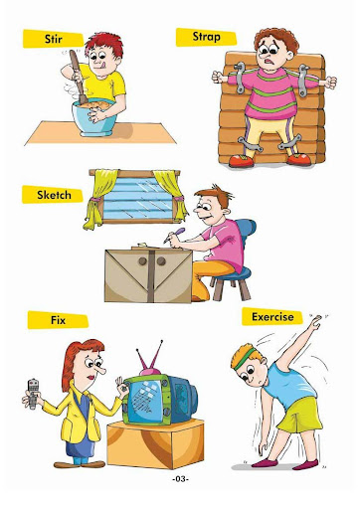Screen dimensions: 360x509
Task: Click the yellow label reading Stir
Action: click(x=53, y=39)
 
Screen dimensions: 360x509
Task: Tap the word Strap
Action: click(x=206, y=37)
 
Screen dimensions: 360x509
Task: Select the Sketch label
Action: click(x=53, y=195)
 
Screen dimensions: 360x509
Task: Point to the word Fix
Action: click(x=58, y=320)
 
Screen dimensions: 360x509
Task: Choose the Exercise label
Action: click(x=272, y=316)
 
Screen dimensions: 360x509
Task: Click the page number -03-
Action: click(x=180, y=479)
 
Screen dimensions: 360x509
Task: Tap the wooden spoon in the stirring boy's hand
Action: click(x=78, y=77)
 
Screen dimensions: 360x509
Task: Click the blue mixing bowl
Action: click(x=93, y=118)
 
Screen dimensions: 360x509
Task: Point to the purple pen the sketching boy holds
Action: click(x=174, y=235)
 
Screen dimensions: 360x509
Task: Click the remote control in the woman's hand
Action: click(x=33, y=394)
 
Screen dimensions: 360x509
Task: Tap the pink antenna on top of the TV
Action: click(x=150, y=359)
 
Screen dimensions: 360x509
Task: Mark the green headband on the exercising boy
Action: click(x=246, y=359)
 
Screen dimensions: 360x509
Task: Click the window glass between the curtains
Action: click(x=137, y=198)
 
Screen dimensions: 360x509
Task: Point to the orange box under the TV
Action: click(x=155, y=443)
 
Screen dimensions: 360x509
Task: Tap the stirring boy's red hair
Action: click(x=103, y=44)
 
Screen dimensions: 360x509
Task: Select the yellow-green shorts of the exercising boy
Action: click(x=299, y=415)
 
